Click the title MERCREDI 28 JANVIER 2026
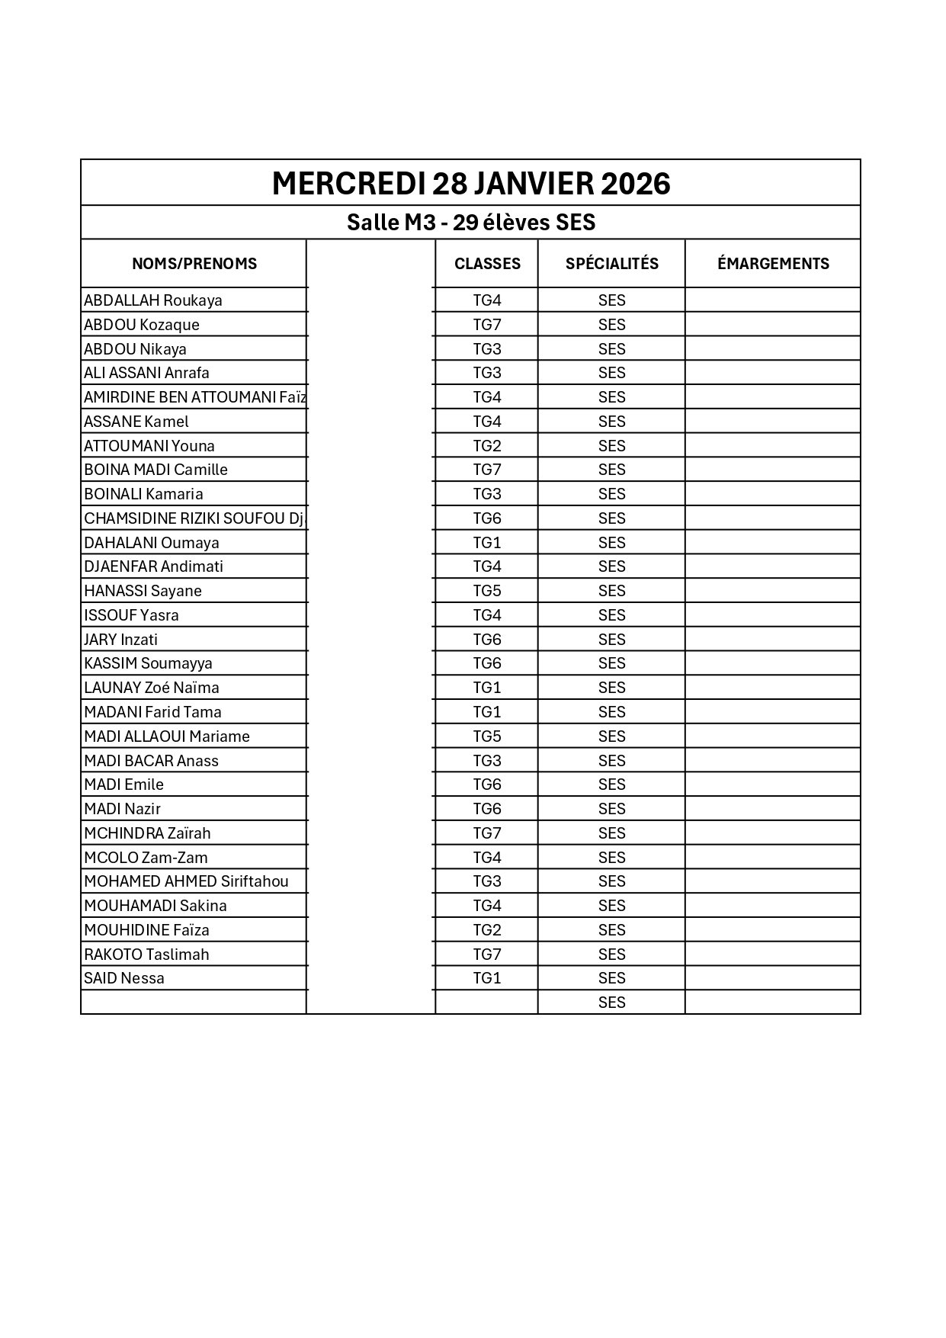[x=470, y=184]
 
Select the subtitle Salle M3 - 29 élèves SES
[x=470, y=223]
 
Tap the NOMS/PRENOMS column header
[x=194, y=264]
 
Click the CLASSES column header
[x=487, y=264]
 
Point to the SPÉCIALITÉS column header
[x=611, y=264]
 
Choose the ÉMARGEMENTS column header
[x=773, y=264]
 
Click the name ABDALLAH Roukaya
[x=153, y=300]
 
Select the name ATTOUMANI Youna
[x=149, y=446]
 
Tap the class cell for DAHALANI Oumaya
[x=487, y=543]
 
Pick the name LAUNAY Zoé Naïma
[x=152, y=688]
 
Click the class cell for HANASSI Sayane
[x=487, y=591]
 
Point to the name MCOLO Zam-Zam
[x=146, y=858]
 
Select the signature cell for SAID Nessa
[x=773, y=978]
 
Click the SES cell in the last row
[x=611, y=1003]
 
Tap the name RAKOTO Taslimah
[x=146, y=955]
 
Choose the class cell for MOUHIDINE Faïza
[x=487, y=930]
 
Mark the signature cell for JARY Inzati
[x=773, y=640]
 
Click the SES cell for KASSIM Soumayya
[x=611, y=663]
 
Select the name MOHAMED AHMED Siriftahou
[x=187, y=881]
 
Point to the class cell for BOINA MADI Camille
[x=487, y=470]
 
